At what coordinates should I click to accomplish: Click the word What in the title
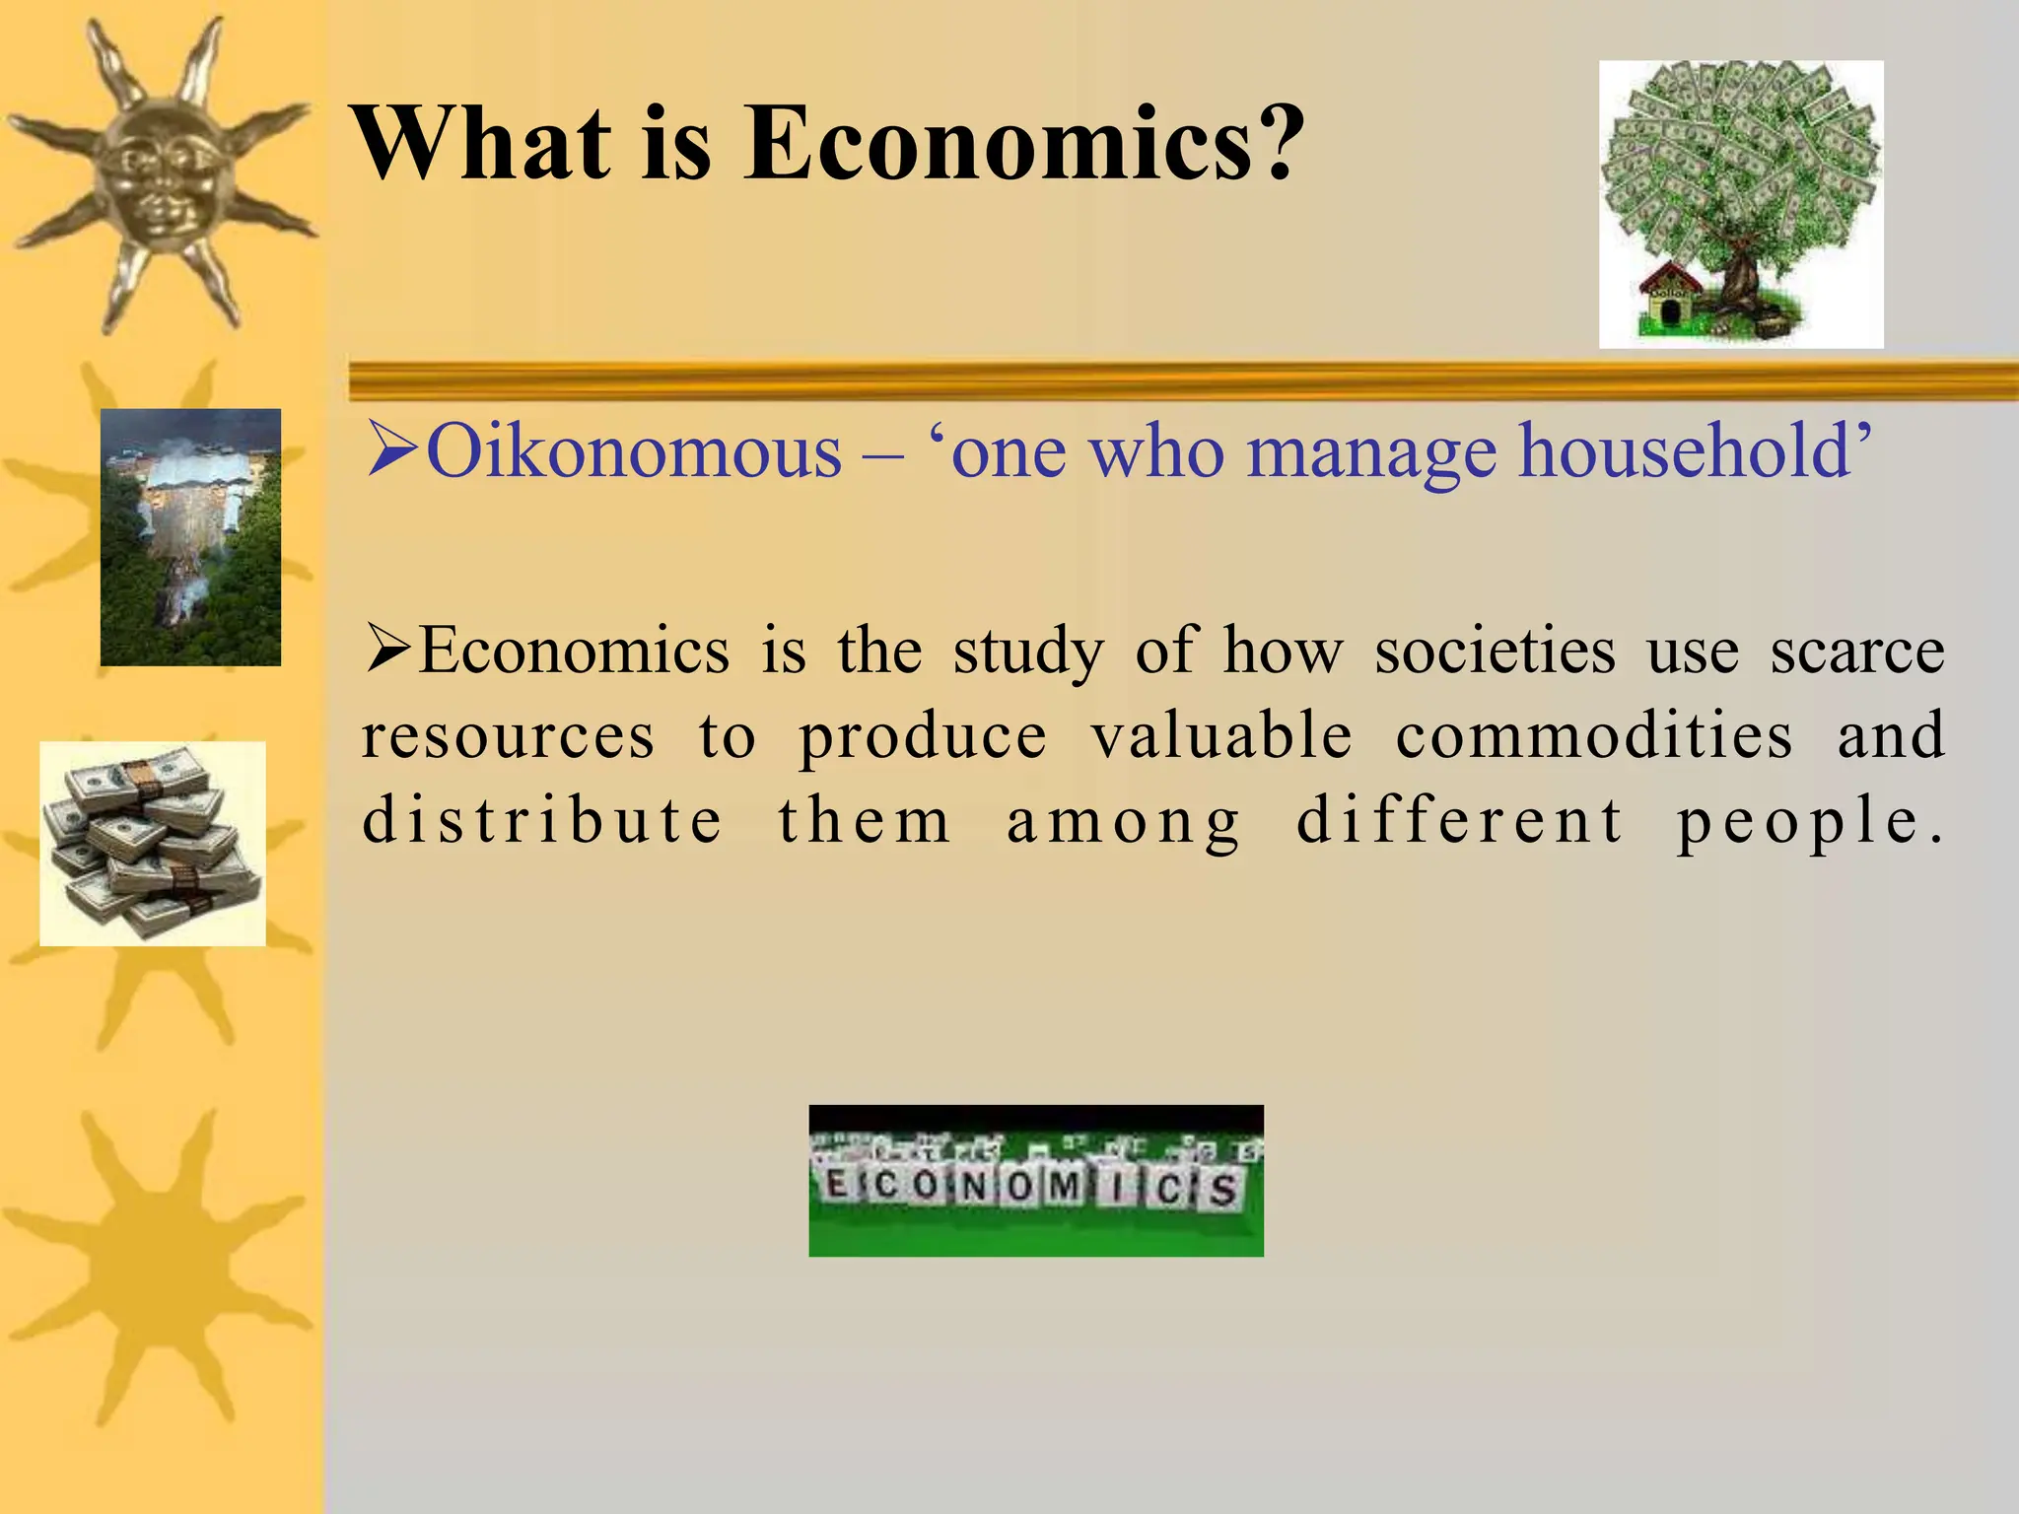[484, 145]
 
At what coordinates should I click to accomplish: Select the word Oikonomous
[633, 452]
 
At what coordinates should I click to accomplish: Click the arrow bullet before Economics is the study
[388, 650]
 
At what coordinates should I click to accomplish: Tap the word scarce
[1856, 652]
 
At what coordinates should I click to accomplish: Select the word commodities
[1593, 736]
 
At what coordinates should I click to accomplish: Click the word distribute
[543, 821]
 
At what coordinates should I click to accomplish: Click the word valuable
[1221, 736]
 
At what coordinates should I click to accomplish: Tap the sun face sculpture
[158, 168]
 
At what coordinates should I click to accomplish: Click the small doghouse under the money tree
[1670, 305]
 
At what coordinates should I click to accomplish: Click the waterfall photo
[190, 537]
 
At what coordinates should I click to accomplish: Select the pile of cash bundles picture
[153, 844]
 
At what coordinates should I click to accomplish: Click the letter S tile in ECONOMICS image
[1223, 1190]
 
